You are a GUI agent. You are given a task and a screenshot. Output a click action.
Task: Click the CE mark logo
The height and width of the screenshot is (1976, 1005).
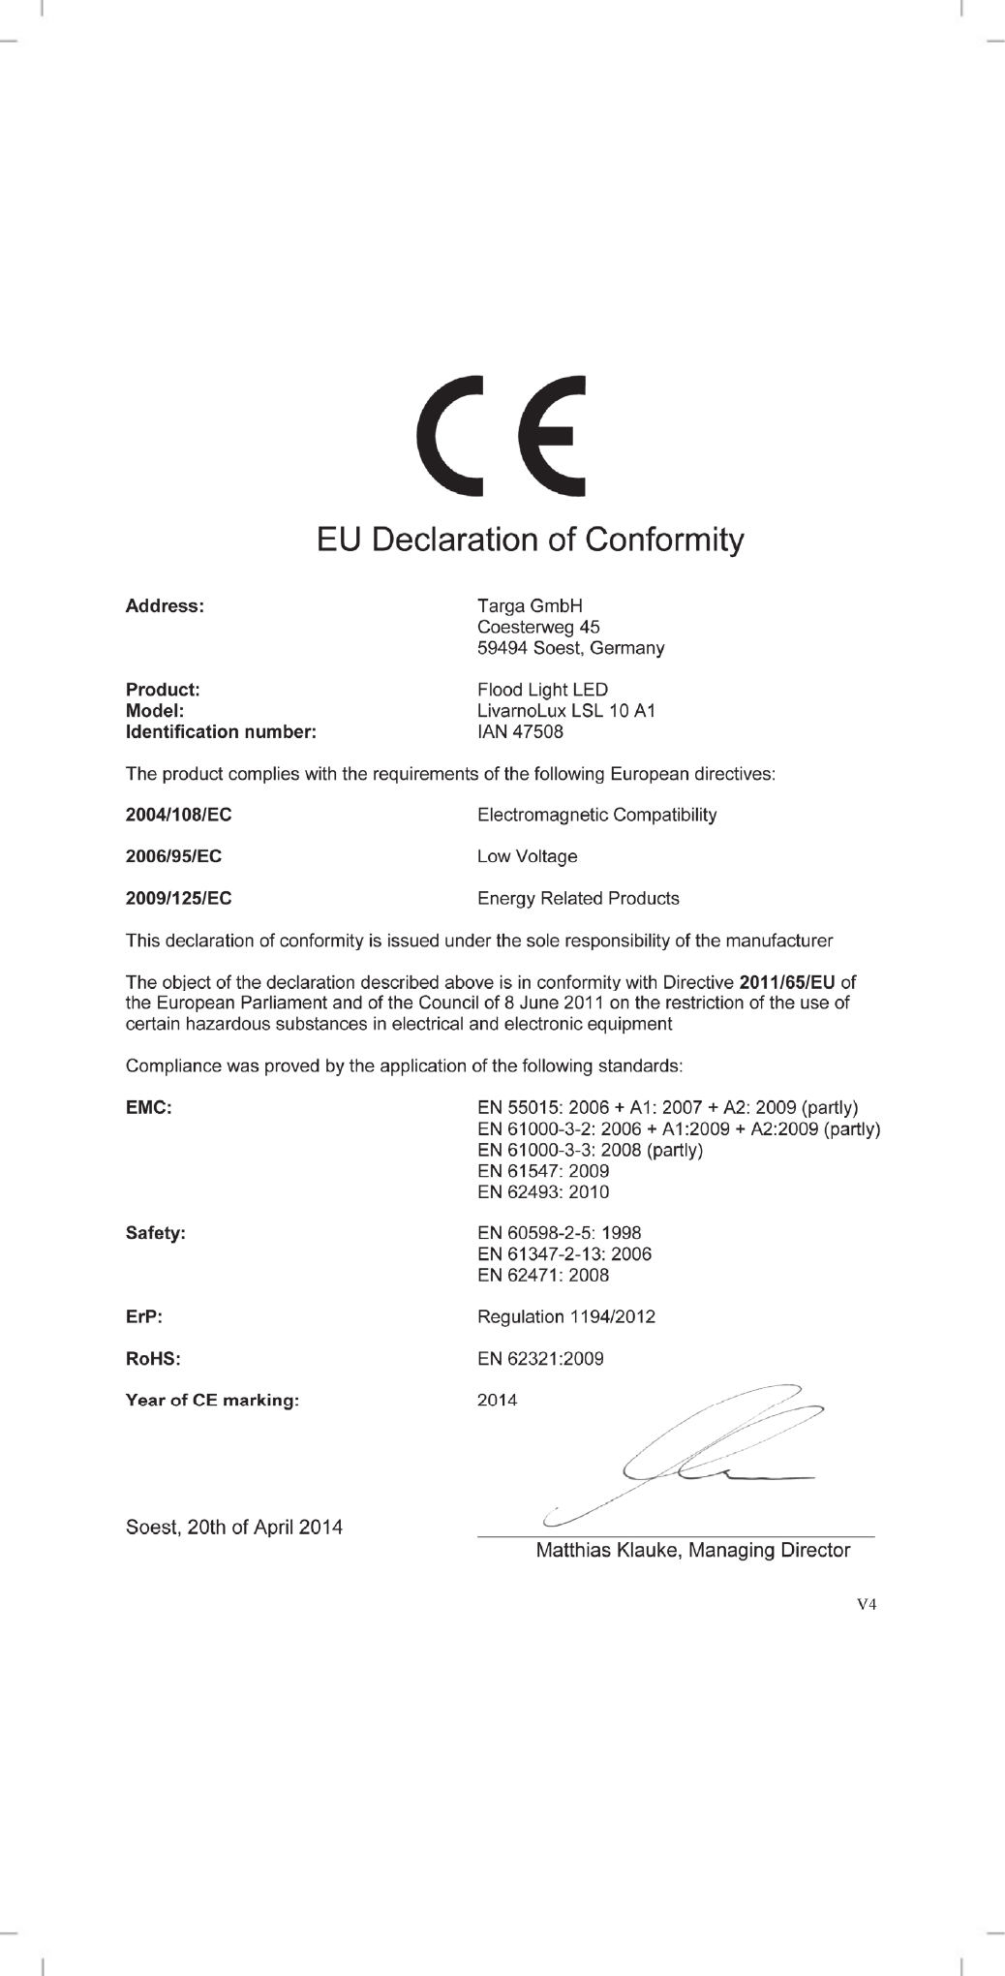coord(501,435)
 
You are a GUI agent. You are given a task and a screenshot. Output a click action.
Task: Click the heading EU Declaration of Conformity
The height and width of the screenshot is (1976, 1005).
coord(531,540)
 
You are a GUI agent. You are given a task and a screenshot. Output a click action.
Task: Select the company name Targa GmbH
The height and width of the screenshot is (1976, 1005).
coord(530,606)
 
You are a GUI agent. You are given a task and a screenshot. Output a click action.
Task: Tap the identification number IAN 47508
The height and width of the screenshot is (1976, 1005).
coord(520,732)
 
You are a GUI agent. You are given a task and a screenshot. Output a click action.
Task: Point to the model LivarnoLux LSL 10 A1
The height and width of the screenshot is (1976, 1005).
coord(566,711)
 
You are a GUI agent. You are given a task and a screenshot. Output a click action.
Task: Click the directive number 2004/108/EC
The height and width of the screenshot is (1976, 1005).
coord(179,815)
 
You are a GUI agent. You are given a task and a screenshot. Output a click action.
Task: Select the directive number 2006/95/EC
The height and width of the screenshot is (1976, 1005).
coord(174,856)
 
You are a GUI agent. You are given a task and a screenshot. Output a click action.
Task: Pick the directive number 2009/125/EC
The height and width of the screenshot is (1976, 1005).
coord(179,899)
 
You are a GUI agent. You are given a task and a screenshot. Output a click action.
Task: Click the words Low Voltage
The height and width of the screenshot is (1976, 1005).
coord(527,856)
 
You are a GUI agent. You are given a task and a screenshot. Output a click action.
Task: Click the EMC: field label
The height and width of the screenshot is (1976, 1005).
coord(148,1107)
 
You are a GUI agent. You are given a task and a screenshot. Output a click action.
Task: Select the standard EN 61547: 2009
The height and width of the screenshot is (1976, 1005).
coord(543,1171)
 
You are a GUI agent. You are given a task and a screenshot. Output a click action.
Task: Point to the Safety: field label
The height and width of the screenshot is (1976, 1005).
coord(155,1233)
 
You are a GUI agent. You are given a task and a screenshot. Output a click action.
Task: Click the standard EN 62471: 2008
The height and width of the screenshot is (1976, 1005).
coord(543,1276)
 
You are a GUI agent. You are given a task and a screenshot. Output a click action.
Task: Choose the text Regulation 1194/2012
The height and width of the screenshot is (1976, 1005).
coord(566,1317)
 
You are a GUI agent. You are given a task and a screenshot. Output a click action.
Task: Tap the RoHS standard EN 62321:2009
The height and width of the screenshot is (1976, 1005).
coord(540,1359)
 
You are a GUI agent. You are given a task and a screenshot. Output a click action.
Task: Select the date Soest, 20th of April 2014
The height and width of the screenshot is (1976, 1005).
coord(234,1528)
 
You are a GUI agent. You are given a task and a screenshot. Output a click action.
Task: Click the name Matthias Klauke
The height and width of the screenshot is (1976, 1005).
coord(609,1551)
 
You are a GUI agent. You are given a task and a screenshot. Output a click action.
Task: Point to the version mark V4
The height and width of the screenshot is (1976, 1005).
coord(867,1604)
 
